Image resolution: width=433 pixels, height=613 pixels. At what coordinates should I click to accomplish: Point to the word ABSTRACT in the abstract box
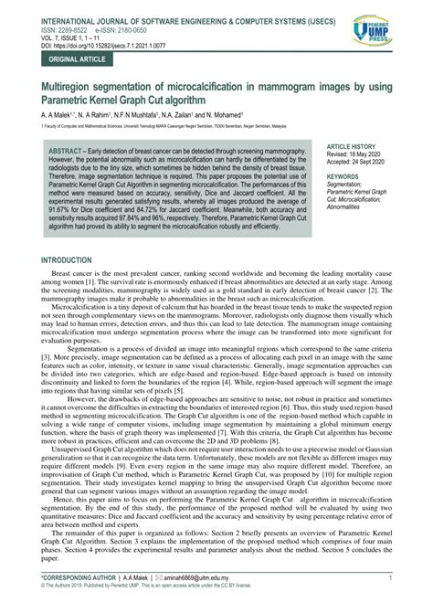(68, 147)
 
